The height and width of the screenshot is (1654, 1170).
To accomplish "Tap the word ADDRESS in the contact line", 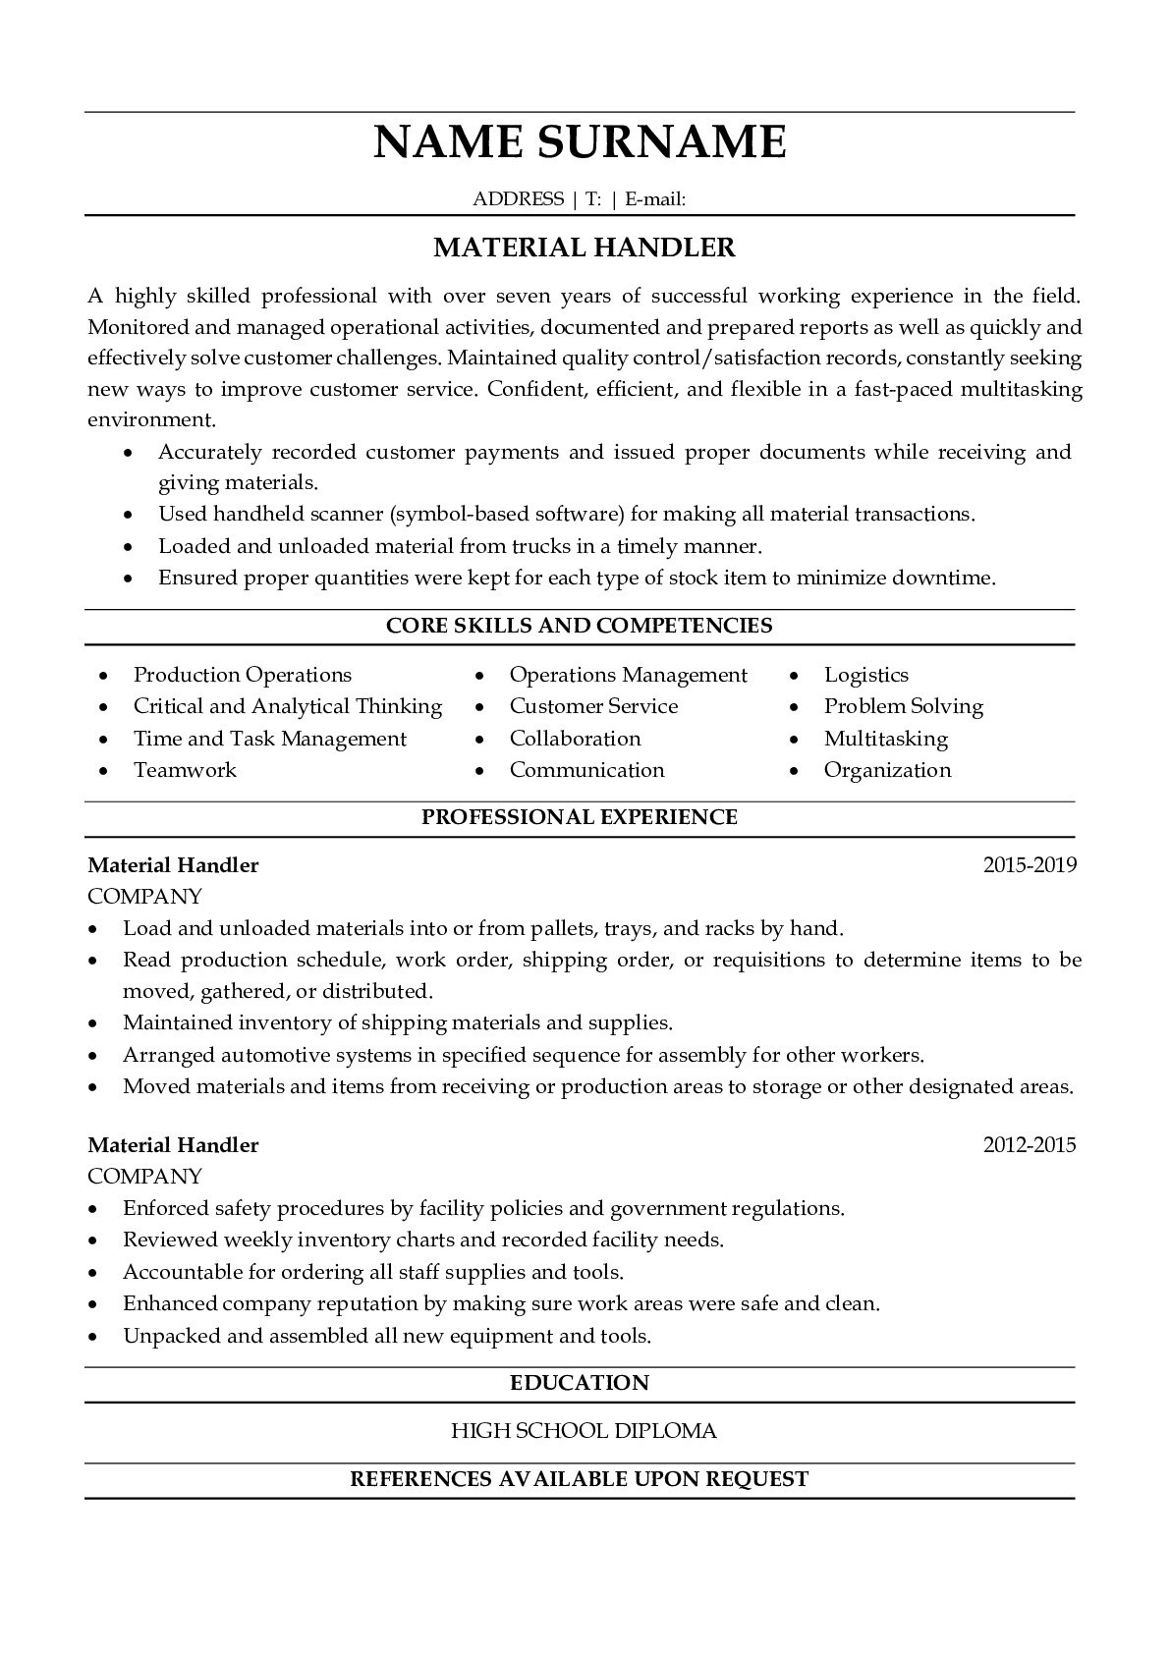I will point(518,199).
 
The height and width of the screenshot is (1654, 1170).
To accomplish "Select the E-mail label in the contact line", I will point(654,199).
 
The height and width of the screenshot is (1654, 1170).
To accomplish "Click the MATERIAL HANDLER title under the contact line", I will point(585,248).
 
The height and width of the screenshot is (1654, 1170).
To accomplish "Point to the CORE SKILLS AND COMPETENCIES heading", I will point(580,626).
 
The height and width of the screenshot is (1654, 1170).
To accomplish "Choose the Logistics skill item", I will point(865,675).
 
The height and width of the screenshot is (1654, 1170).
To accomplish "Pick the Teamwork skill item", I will point(185,770).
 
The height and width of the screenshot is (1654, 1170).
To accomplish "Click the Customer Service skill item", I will point(593,706).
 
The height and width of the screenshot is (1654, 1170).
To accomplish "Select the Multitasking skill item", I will point(885,739).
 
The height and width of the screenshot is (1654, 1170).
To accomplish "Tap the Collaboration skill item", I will point(575,739).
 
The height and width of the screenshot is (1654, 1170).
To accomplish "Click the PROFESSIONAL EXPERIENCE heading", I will point(580,817).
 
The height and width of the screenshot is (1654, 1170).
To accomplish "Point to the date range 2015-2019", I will point(1030,865).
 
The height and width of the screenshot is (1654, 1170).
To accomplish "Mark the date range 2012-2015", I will point(1030,1145).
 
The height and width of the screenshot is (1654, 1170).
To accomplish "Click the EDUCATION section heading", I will point(580,1383).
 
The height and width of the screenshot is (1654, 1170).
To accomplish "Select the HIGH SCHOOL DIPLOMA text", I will point(584,1431).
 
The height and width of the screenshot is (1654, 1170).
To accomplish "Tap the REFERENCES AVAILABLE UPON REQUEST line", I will point(580,1479).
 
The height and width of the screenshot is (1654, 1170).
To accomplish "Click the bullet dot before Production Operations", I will point(104,676).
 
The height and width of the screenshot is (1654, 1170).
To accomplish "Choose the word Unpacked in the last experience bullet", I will point(164,1337).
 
